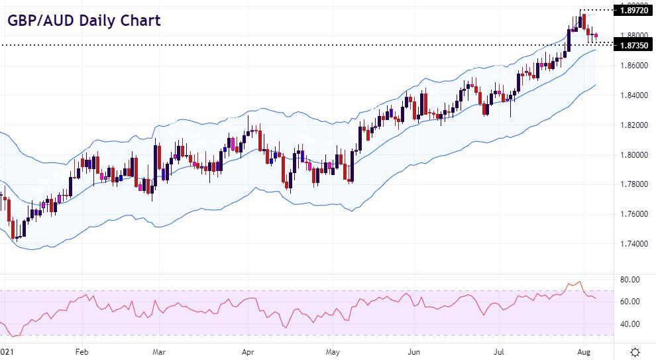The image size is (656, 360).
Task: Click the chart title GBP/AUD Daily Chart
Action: (83, 21)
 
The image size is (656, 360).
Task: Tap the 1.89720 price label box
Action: (633, 11)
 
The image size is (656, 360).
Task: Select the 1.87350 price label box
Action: (633, 45)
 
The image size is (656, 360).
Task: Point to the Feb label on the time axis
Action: (82, 351)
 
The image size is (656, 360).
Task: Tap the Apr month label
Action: (248, 351)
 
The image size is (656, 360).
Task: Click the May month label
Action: (333, 351)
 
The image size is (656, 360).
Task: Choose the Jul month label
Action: (500, 351)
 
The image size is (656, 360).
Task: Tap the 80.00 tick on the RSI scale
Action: (629, 280)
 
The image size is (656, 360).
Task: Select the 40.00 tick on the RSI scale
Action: (629, 324)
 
